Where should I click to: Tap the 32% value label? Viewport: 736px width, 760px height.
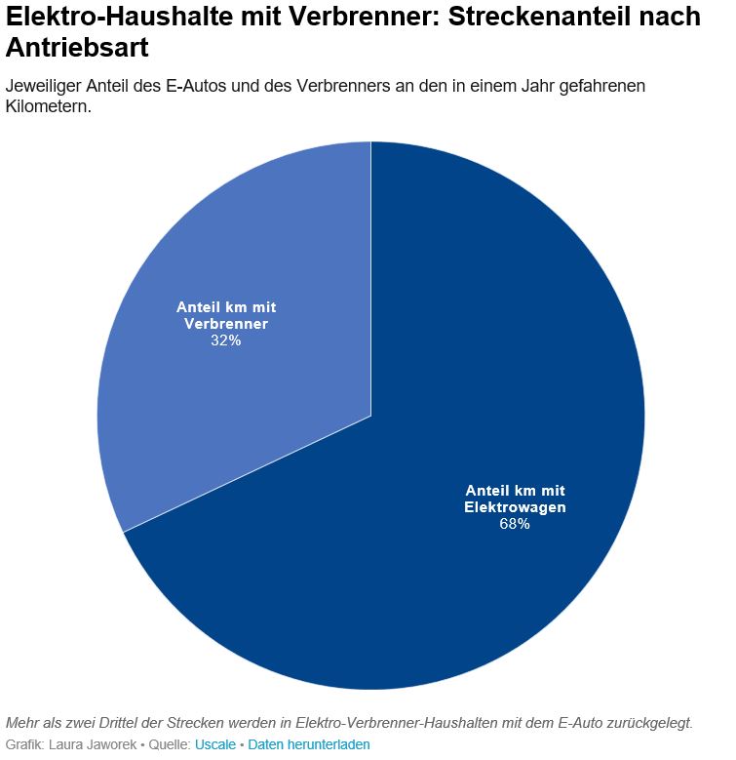click(225, 341)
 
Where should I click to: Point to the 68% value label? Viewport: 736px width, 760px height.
click(515, 525)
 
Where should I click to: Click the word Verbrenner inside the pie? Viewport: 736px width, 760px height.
click(226, 324)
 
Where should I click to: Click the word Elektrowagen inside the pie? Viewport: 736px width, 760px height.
click(515, 507)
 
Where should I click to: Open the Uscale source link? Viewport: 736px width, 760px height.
click(215, 744)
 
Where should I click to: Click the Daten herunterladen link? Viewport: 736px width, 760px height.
click(308, 744)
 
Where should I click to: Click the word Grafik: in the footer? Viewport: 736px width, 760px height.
click(25, 744)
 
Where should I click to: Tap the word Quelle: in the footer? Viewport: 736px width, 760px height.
click(169, 744)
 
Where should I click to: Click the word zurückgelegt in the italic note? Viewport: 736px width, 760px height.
click(647, 723)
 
